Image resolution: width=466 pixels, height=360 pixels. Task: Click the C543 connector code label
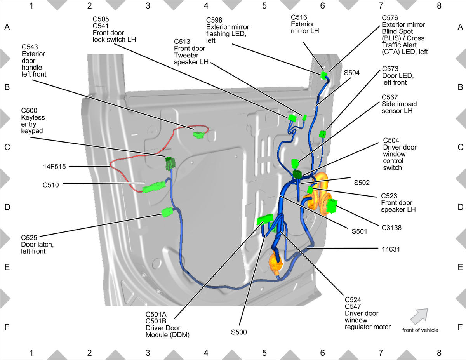click(x=30, y=47)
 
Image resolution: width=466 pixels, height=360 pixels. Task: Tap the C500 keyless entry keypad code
click(x=29, y=111)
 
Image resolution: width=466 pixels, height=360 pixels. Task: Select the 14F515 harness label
click(x=54, y=167)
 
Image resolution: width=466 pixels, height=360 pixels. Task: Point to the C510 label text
click(x=50, y=185)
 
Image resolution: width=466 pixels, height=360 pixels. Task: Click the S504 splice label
click(x=352, y=73)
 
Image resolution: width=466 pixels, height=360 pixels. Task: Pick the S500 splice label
click(x=239, y=332)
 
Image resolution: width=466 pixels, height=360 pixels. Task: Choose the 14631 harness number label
click(x=391, y=249)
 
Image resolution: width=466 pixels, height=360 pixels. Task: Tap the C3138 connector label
click(x=391, y=228)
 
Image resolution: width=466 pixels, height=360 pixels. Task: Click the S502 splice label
click(x=362, y=183)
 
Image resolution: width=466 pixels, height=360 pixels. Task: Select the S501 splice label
click(x=360, y=231)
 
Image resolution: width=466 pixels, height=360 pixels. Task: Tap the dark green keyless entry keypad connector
click(x=170, y=163)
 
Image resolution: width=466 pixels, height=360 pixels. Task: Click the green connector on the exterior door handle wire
click(x=199, y=135)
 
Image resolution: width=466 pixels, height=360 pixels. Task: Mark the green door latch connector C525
click(x=167, y=212)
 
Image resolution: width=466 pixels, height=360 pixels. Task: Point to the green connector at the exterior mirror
click(x=323, y=75)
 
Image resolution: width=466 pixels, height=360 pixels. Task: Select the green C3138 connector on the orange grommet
click(x=332, y=206)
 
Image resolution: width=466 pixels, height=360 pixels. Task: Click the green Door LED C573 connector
click(x=322, y=134)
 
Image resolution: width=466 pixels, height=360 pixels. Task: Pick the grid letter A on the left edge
click(x=7, y=27)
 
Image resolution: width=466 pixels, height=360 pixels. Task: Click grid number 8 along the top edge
click(x=439, y=5)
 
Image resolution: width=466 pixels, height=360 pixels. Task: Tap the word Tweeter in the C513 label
click(x=186, y=55)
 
